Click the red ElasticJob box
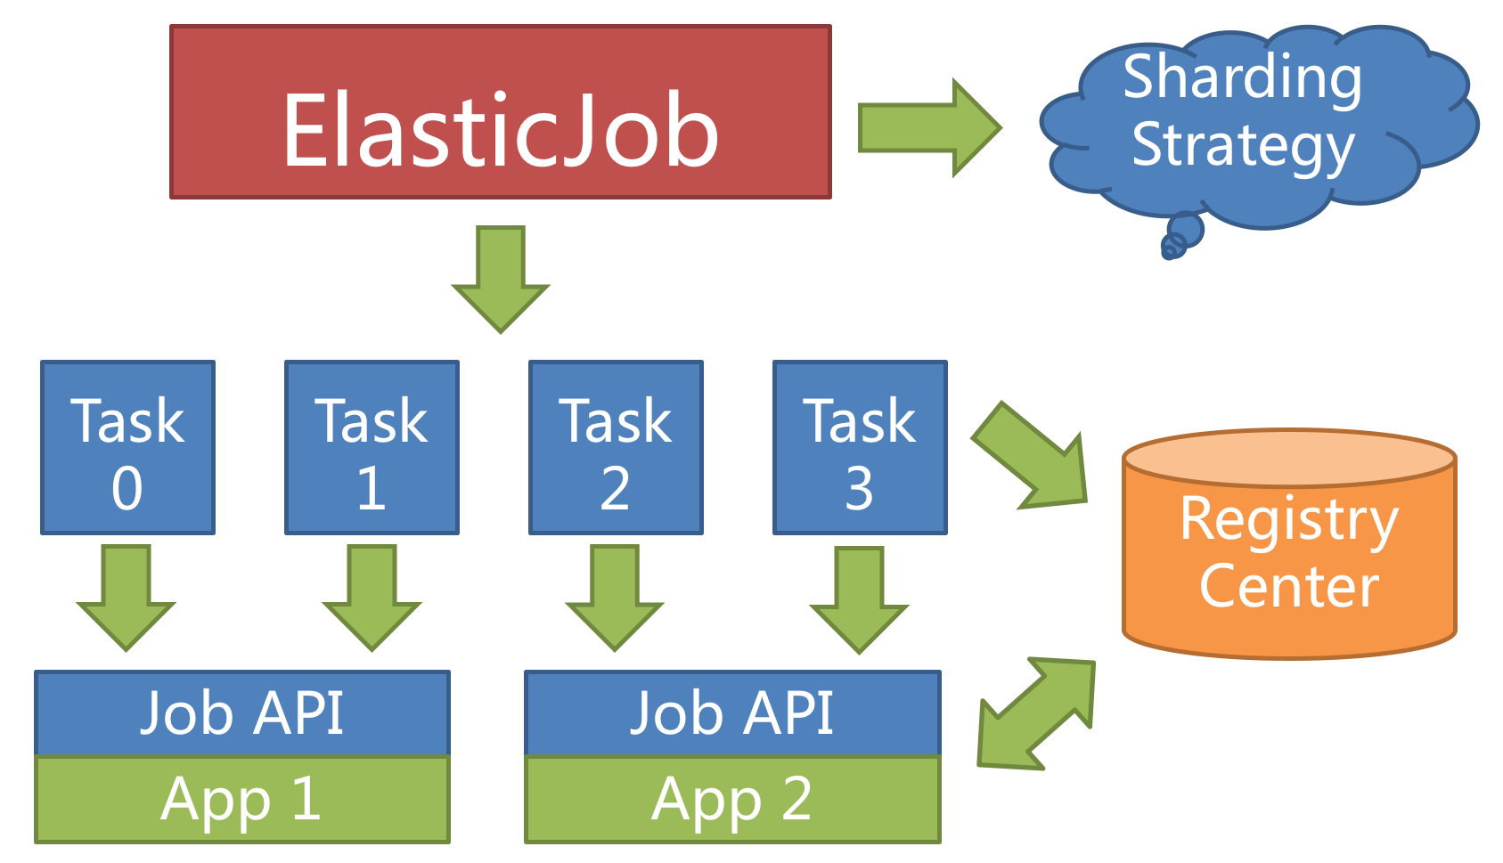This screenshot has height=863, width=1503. pyautogui.click(x=500, y=112)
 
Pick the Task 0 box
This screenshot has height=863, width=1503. pyautogui.click(x=127, y=447)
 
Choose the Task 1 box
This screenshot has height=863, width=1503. pyautogui.click(x=372, y=447)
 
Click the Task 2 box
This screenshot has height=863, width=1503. pyautogui.click(x=616, y=447)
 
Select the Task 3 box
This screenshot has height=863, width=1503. pyautogui.click(x=860, y=447)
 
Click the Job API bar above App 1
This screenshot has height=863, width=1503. pyautogui.click(x=242, y=713)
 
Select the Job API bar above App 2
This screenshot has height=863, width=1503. pyautogui.click(x=732, y=713)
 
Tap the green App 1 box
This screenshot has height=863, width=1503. pyautogui.click(x=242, y=799)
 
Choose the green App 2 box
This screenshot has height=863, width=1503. pyautogui.click(x=732, y=799)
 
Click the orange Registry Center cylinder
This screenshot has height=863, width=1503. pyautogui.click(x=1288, y=552)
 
